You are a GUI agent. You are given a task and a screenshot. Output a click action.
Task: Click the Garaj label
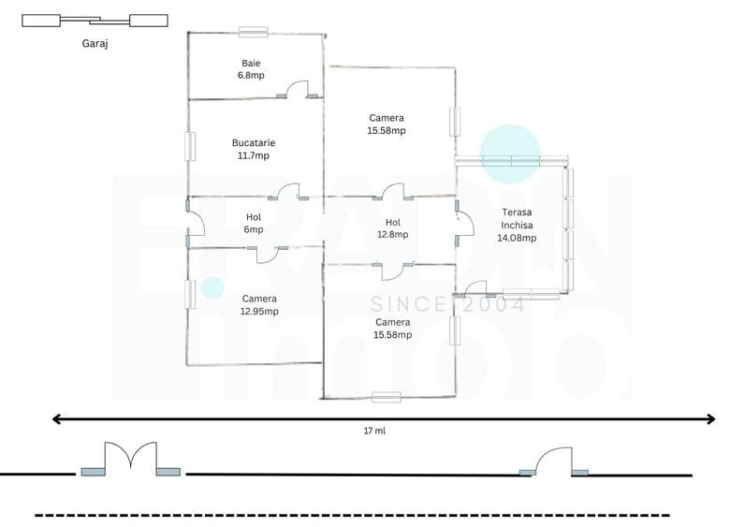tap(95, 44)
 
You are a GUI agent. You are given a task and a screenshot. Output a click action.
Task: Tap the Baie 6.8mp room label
tap(251, 69)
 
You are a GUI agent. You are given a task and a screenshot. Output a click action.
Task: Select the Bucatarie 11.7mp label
tap(254, 149)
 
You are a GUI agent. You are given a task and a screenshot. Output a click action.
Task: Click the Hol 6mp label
tap(254, 224)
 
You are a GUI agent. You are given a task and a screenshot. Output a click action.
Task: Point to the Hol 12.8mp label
tap(392, 228)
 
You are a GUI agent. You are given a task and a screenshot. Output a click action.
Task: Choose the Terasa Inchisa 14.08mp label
tap(517, 226)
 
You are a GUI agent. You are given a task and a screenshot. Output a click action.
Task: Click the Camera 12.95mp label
tap(259, 305)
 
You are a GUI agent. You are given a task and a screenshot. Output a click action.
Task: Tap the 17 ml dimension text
tap(374, 431)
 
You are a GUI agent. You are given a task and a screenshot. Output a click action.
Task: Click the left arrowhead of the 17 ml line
tap(56, 419)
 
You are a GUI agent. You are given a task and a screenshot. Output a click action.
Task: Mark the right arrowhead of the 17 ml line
tap(710, 419)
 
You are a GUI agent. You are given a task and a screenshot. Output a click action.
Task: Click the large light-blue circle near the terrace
tap(510, 154)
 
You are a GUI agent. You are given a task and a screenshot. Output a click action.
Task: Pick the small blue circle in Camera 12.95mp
tap(212, 287)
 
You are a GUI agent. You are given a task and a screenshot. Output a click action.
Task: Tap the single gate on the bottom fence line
tap(553, 461)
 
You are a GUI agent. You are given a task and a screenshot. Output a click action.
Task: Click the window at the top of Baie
tap(254, 32)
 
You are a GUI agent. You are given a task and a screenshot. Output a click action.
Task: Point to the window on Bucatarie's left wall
tap(190, 146)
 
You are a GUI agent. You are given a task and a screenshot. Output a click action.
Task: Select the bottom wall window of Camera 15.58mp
tap(386, 397)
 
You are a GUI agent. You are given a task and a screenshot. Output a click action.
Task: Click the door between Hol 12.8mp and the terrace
tap(464, 224)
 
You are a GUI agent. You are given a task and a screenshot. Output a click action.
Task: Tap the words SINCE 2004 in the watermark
tap(447, 304)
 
